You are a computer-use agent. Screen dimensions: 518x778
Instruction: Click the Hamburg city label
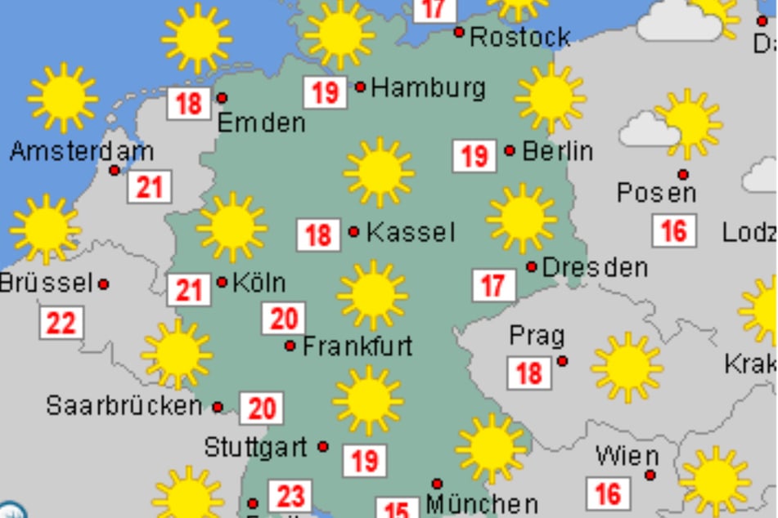(428, 87)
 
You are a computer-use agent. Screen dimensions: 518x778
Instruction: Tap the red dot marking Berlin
(510, 150)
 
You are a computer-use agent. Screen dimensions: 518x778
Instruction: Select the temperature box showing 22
(61, 324)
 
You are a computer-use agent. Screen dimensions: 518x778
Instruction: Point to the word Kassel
(410, 232)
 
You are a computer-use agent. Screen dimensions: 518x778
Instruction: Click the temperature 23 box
(290, 496)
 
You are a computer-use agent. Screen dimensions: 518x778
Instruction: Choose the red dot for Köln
(222, 282)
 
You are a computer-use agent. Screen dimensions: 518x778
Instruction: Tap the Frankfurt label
(358, 346)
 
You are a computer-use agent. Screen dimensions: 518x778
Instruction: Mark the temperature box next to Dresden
(493, 286)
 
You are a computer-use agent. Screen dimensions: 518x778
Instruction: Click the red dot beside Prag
(563, 360)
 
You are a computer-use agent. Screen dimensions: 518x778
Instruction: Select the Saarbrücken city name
(124, 405)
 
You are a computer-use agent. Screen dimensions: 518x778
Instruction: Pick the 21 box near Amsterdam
(150, 188)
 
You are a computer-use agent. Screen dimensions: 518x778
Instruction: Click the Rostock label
(520, 37)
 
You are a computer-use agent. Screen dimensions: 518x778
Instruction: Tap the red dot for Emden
(222, 98)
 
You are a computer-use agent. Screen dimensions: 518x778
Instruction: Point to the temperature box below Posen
(674, 230)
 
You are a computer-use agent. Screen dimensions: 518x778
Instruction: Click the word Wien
(627, 455)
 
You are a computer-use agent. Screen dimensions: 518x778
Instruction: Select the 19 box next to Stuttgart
(364, 461)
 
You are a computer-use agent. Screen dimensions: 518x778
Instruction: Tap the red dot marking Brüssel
(104, 284)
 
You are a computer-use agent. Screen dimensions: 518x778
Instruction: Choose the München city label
(482, 504)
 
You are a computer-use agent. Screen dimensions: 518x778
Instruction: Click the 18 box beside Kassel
(318, 235)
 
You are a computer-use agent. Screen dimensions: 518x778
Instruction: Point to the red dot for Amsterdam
(115, 170)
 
